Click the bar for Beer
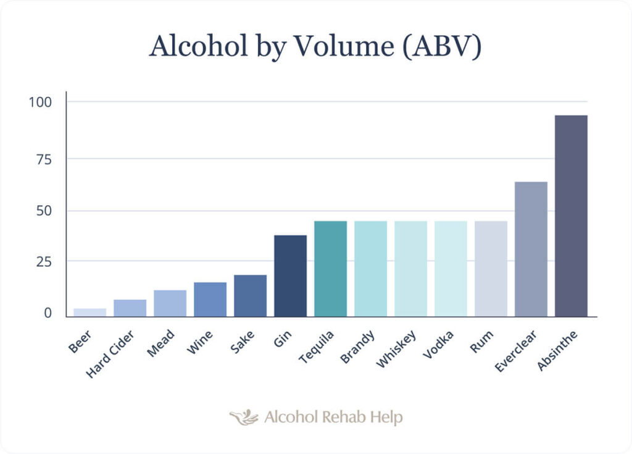[x=89, y=312]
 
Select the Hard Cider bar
[x=130, y=308]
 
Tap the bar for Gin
[x=290, y=275]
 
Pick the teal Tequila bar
[x=330, y=269]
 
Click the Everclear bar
[x=531, y=249]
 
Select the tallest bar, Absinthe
[x=571, y=216]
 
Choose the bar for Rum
[x=491, y=269]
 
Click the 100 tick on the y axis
[x=40, y=102]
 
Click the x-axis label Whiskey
[x=396, y=349]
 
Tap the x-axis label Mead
[x=161, y=343]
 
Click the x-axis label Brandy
[x=357, y=348]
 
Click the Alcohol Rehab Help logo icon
[x=244, y=418]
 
